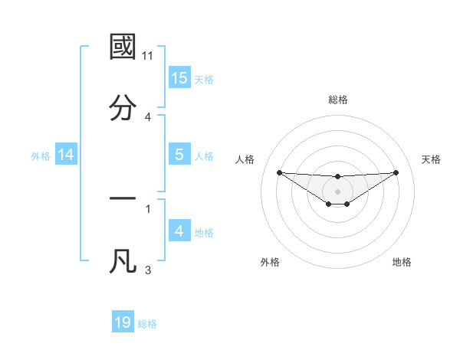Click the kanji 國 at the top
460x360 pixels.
[x=123, y=47]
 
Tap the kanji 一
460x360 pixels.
[x=123, y=198]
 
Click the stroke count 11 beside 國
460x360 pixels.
[x=149, y=57]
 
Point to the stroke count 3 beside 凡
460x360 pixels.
[x=148, y=270]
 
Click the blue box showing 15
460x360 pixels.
[x=179, y=77]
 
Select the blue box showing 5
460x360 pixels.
[x=179, y=155]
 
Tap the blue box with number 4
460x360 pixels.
[x=179, y=231]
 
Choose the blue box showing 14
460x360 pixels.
[x=66, y=155]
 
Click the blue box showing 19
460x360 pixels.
[x=123, y=322]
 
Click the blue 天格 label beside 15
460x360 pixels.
[x=204, y=79]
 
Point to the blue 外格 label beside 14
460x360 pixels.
[x=41, y=155]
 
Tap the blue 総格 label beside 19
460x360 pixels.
[x=147, y=324]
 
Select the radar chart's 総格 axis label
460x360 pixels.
[x=338, y=100]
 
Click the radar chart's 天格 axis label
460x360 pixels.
[x=432, y=159]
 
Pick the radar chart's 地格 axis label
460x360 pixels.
[x=402, y=262]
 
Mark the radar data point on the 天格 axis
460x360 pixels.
[x=396, y=172]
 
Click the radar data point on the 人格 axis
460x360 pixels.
[x=279, y=172]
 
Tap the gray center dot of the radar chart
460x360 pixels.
[x=338, y=191]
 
